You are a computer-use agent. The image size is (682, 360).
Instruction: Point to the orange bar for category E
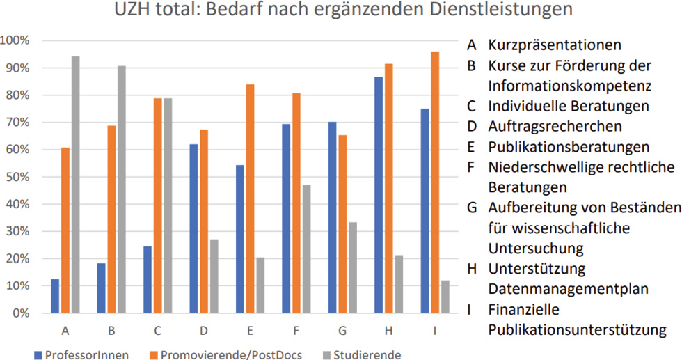pyautogui.click(x=250, y=198)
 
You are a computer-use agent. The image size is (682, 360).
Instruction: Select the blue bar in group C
pyautogui.click(x=148, y=280)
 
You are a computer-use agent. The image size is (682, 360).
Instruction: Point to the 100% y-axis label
pyautogui.click(x=15, y=40)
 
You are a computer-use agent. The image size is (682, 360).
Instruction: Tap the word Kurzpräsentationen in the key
pyautogui.click(x=554, y=46)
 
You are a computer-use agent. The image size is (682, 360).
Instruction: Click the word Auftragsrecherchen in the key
pyautogui.click(x=555, y=127)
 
